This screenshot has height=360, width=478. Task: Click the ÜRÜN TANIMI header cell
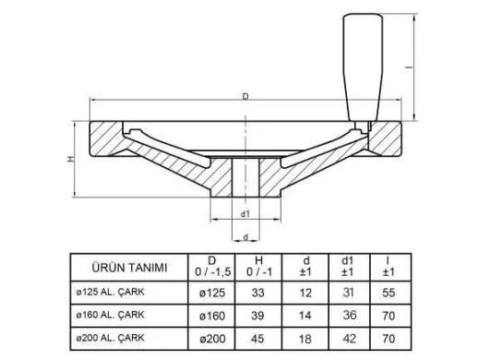[x=130, y=268]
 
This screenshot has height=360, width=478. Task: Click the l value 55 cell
[x=388, y=294]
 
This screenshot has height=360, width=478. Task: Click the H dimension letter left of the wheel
[x=70, y=159]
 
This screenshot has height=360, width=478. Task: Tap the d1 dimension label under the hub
[x=245, y=213]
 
